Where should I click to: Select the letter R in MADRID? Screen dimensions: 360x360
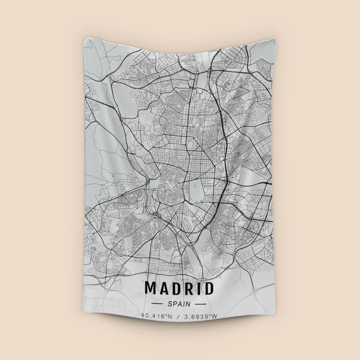pos(190,288)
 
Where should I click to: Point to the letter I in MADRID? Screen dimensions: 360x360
pos(200,288)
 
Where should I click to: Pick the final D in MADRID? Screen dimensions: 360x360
pos(209,288)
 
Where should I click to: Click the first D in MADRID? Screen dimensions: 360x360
pos(178,288)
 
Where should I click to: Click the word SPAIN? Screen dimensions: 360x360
pos(180,304)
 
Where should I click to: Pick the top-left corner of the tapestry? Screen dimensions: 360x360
pos(84,38)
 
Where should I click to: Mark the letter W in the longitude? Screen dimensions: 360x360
pos(215,316)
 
